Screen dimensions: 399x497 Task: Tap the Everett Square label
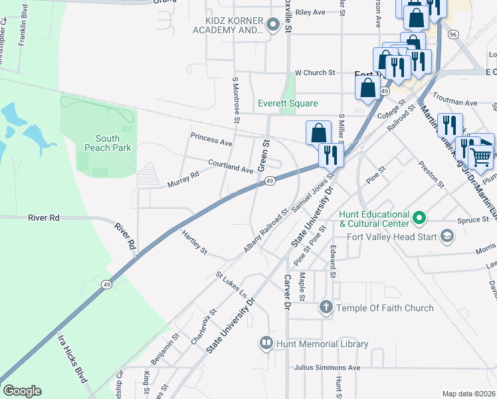288,104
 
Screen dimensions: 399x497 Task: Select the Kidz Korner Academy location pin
272,25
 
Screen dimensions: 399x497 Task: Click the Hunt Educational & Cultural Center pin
419,217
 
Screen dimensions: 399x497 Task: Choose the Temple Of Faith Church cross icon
326,307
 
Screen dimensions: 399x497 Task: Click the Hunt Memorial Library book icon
266,343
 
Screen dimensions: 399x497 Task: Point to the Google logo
22,391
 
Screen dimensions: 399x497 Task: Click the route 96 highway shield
452,34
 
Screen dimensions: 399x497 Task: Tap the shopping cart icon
480,157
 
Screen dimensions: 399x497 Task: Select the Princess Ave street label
211,140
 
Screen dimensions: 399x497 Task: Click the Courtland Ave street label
231,166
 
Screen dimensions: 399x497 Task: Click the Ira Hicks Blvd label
72,365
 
